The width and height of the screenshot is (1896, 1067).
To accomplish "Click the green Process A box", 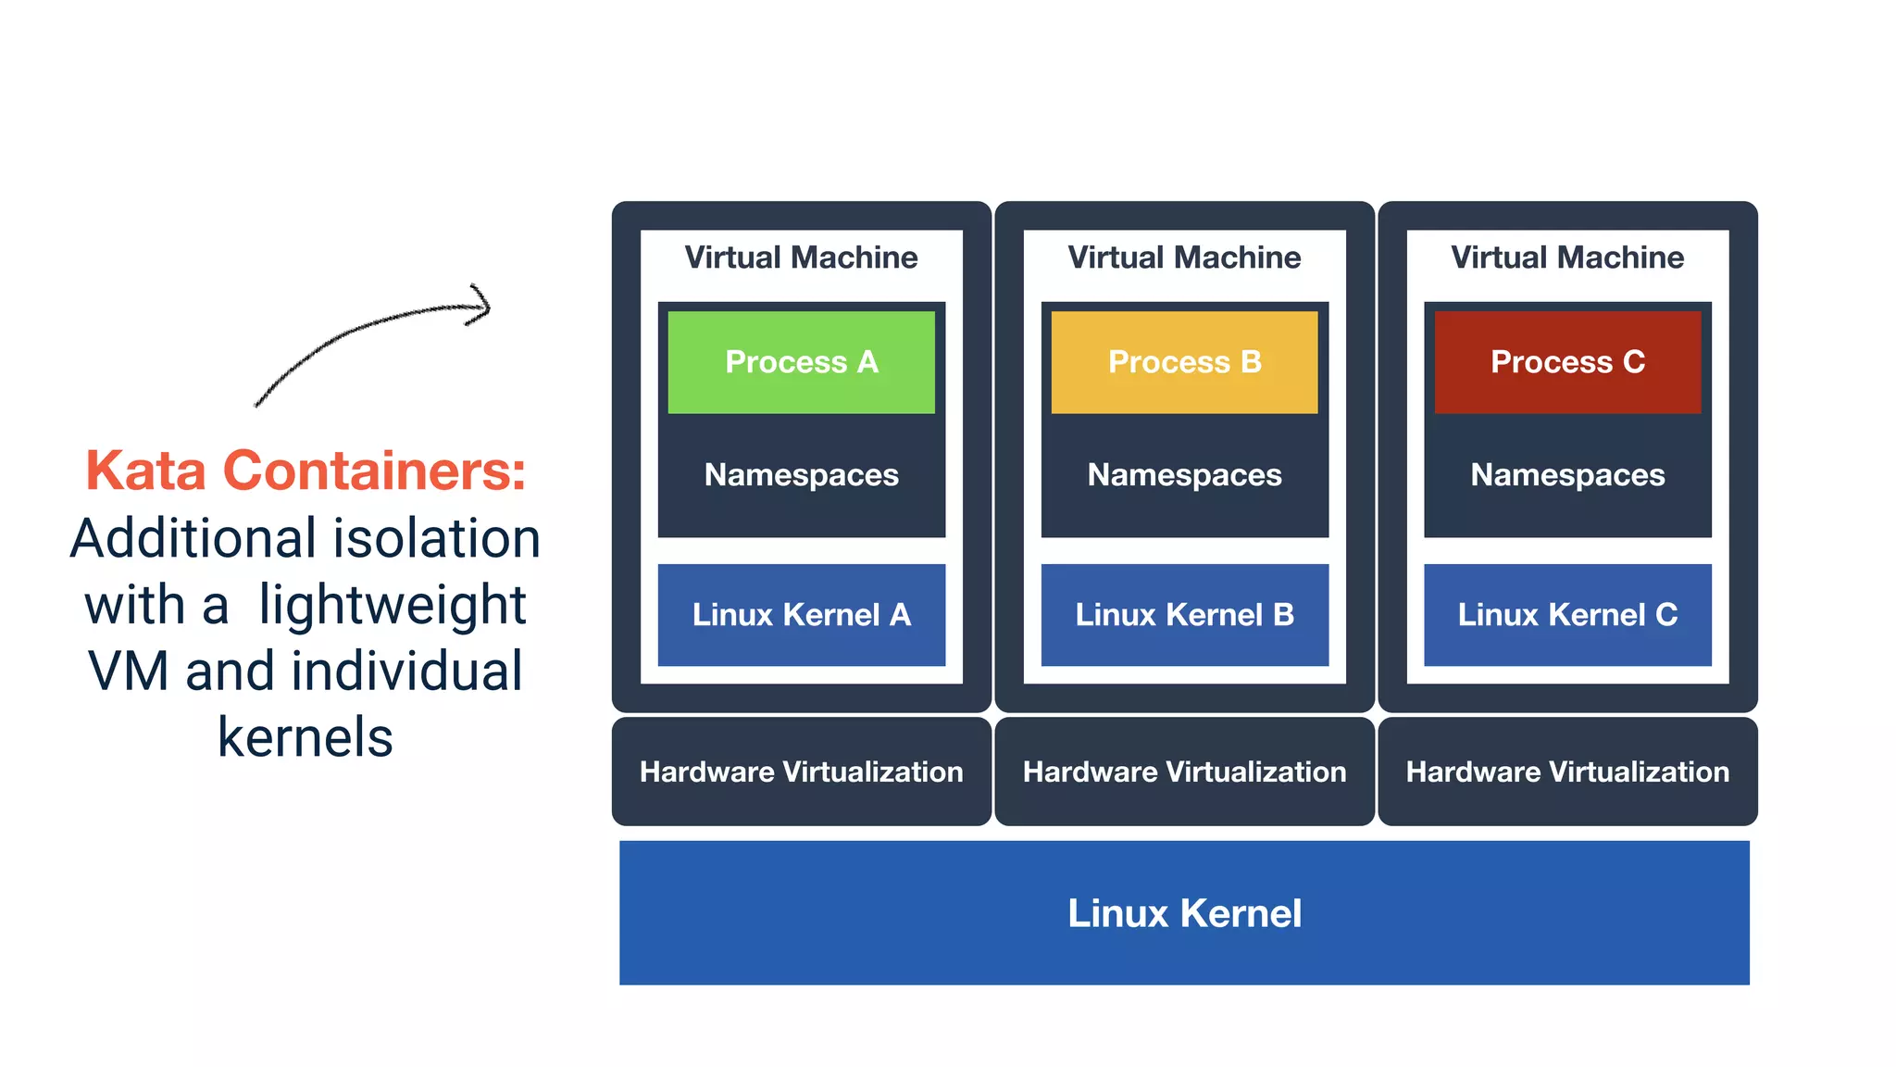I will point(801,362).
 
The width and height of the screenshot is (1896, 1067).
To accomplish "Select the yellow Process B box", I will point(1184,362).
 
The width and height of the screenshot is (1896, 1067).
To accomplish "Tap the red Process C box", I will point(1567,362).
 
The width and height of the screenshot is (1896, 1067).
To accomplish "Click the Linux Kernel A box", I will point(801,615).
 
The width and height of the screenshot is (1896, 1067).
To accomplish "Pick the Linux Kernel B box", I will point(1184,615).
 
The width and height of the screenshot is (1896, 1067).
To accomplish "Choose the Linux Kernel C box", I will point(1567,615).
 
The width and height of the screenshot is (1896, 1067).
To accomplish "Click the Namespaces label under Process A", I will point(801,475).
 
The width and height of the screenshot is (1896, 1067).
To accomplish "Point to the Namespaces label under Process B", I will point(1184,475).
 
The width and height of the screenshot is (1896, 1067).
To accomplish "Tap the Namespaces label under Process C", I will point(1567,475).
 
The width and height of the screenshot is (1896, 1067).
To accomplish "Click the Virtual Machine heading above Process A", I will point(801,257).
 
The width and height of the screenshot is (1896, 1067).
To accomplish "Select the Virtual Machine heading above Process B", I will point(1184,257).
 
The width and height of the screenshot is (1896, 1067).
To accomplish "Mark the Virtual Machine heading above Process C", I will point(1567,257).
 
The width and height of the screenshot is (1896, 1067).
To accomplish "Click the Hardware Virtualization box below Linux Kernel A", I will point(801,772).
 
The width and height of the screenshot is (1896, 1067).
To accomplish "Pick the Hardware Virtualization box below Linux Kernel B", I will point(1184,772).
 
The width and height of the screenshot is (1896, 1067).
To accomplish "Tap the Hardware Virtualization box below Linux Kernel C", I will point(1567,772).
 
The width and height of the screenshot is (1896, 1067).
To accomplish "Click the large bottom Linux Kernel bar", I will point(1184,913).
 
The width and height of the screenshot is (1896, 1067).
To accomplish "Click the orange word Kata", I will point(145,471).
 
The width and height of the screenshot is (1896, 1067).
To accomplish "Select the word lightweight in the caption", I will point(392,605).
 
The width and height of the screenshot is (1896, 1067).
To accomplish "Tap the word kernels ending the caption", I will point(306,738).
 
